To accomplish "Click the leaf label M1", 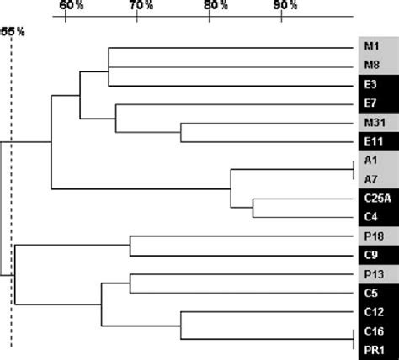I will click(370, 48).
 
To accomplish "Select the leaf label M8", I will click(370, 66).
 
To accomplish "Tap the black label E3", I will click(370, 86).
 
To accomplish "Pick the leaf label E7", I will click(370, 104).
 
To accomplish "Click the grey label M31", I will click(372, 124).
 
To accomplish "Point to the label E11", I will click(372, 142).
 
